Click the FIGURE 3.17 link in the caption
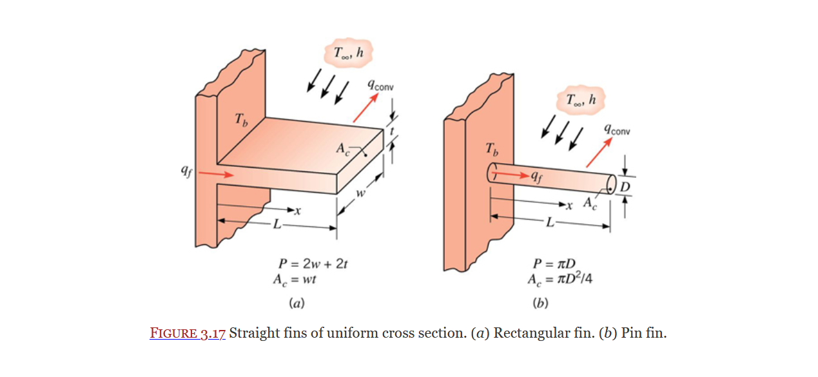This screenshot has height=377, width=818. click(188, 334)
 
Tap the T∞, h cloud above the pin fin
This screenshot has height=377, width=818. click(579, 100)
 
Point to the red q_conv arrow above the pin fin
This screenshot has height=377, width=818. click(599, 154)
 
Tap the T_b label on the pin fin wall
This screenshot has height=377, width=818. click(491, 151)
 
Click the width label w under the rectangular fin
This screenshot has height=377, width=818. click(360, 193)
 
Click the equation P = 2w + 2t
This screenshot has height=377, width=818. click(313, 264)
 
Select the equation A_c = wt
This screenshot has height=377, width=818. click(296, 280)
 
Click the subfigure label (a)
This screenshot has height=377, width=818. click(297, 302)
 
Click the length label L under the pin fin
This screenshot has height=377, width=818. click(549, 224)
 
